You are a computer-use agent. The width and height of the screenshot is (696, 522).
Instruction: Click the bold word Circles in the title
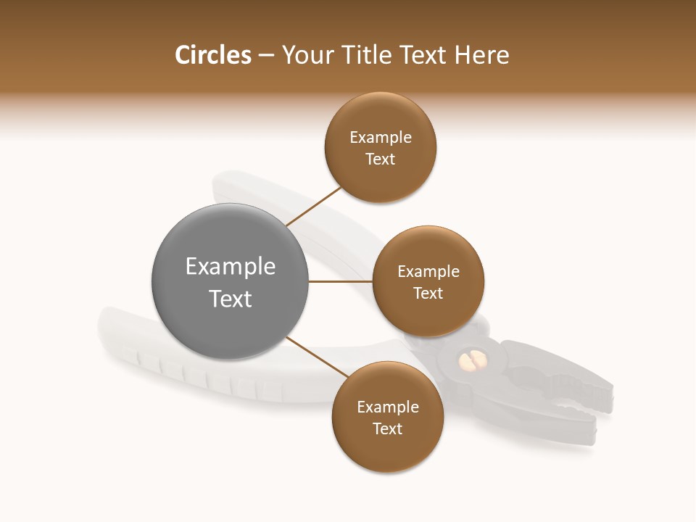coord(212,55)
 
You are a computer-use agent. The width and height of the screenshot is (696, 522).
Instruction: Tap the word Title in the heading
coord(360,55)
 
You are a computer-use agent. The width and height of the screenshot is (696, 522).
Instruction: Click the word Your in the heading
coord(307,55)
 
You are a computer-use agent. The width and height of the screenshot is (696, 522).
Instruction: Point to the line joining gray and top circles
coord(314,206)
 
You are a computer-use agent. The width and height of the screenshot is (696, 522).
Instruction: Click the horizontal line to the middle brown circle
coord(340,281)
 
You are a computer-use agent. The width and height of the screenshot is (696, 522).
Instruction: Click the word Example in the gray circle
coord(231,267)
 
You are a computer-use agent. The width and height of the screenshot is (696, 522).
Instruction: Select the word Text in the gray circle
coord(231,299)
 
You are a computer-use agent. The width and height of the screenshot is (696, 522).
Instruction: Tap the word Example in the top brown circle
coord(381,138)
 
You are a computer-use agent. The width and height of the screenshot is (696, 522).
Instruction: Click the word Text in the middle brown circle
coord(428,294)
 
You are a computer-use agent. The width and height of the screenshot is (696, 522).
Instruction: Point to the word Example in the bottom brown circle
coord(388,407)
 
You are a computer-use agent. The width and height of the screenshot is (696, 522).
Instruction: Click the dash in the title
coord(266,56)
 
